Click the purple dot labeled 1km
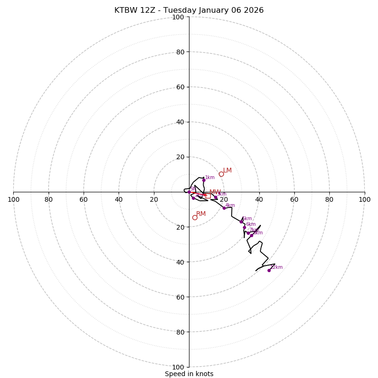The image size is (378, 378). pos(204,180)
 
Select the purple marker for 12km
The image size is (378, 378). pos(269,270)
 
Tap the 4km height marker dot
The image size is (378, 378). pos(224,208)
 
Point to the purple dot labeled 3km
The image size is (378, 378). pos(215,198)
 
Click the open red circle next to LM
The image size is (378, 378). pos(221,174)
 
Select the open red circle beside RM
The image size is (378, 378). pos(195,217)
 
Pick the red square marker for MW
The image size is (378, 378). pos(208,196)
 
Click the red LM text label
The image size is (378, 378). pos(227,171)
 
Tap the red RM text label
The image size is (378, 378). pos(201,214)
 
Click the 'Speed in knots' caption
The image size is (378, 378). pos(189,374)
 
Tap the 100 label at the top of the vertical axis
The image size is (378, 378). pos(178,17)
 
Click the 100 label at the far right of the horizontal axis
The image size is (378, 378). pos(364,199)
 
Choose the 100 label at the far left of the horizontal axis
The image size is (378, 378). pos(14,199)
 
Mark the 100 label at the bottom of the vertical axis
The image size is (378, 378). pos(178,367)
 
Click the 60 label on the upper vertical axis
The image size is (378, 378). pos(180,87)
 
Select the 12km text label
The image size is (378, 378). pos(276,267)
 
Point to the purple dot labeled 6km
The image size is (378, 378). pos(244,227)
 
